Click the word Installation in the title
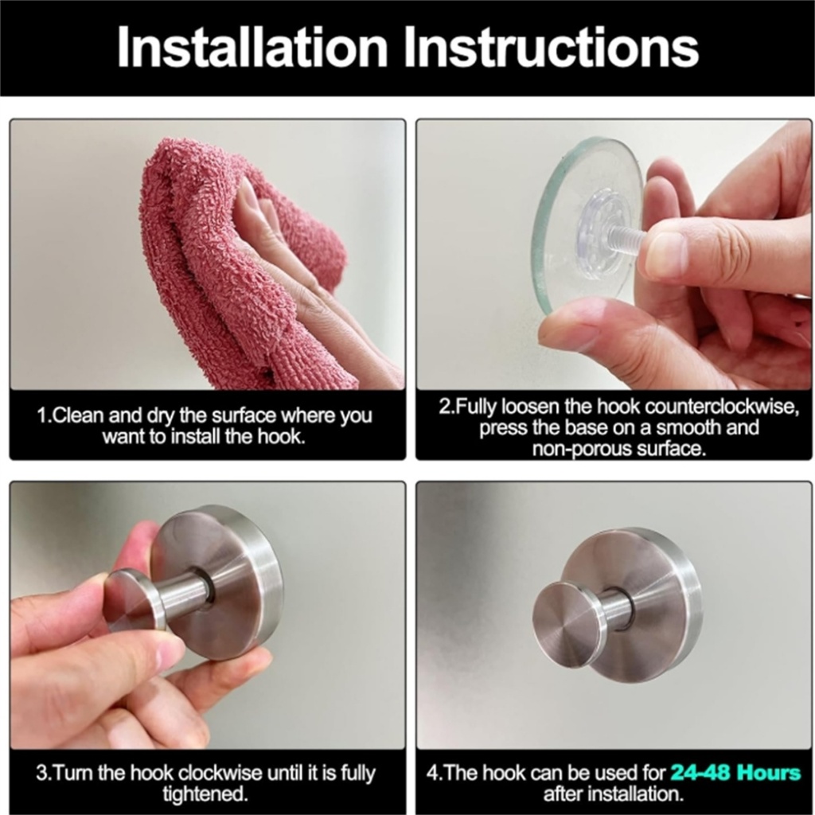pos(252,47)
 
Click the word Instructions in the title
pos(551,47)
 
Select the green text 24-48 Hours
pos(735,772)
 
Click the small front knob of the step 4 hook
pos(568,615)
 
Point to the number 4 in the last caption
pos(433,773)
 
